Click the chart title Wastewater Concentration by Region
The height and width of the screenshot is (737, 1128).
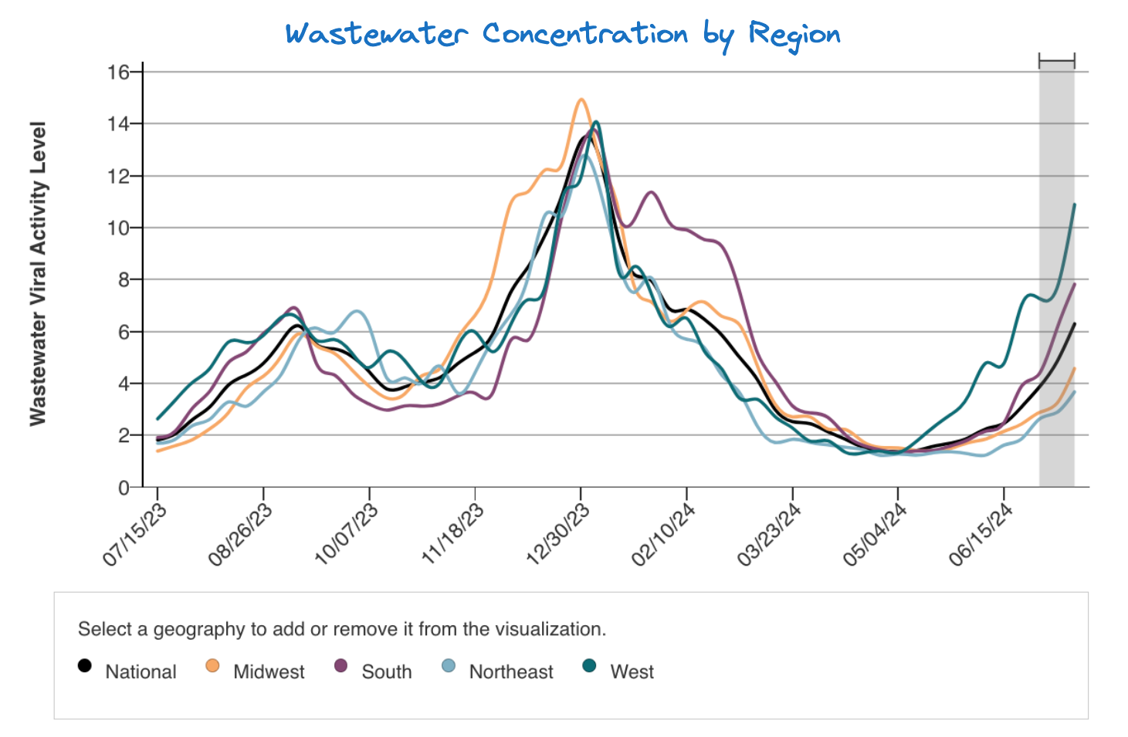563,35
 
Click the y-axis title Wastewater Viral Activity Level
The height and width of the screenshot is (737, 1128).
38,273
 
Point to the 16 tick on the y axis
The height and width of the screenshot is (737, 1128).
118,73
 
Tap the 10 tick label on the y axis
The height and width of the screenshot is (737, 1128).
118,228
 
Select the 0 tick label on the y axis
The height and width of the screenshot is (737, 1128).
124,488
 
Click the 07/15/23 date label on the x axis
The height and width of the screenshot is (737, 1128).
135,535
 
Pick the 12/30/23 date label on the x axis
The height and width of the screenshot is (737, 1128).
558,535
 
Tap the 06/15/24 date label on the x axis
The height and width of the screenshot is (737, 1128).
981,535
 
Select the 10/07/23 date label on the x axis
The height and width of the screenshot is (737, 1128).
347,535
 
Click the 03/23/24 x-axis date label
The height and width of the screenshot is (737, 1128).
770,535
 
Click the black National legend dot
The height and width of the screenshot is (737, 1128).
85,665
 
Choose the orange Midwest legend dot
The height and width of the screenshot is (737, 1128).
212,665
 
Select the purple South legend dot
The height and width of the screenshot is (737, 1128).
340,665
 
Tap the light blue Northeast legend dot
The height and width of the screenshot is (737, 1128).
449,665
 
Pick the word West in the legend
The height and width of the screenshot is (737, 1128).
632,672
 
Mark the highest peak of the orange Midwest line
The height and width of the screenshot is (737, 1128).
581,100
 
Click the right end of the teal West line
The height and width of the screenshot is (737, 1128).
1074,205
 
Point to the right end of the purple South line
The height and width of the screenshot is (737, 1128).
1074,284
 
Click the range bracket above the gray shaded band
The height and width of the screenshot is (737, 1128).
1056,61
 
